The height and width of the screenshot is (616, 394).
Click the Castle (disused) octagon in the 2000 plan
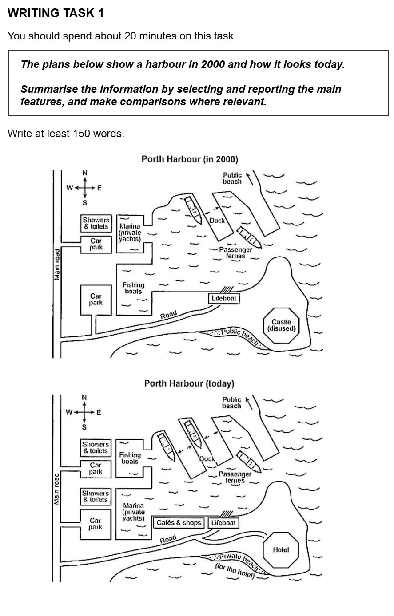pyautogui.click(x=281, y=325)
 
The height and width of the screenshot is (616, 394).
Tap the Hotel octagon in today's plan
pyautogui.click(x=281, y=550)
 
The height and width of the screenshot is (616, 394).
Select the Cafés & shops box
pyautogui.click(x=179, y=523)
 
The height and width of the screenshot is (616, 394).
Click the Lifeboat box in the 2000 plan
pyautogui.click(x=224, y=298)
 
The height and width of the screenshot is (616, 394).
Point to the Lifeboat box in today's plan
pyautogui.click(x=223, y=523)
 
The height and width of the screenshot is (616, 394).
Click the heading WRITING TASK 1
pyautogui.click(x=56, y=13)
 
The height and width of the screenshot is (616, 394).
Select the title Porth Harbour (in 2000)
pyautogui.click(x=190, y=159)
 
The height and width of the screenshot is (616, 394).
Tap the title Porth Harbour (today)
pyautogui.click(x=189, y=383)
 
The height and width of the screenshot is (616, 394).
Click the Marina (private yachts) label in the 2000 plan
pyautogui.click(x=130, y=233)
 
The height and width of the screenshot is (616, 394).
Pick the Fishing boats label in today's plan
pyautogui.click(x=130, y=458)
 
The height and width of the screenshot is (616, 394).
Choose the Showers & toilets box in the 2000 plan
pyautogui.click(x=96, y=223)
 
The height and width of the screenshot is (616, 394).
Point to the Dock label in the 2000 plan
pyautogui.click(x=217, y=221)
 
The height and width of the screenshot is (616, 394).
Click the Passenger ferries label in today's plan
pyautogui.click(x=235, y=477)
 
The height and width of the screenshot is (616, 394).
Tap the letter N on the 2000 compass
pyautogui.click(x=85, y=173)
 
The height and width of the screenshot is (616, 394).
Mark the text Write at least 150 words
pyautogui.click(x=66, y=134)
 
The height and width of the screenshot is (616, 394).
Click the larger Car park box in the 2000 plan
pyautogui.click(x=96, y=300)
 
